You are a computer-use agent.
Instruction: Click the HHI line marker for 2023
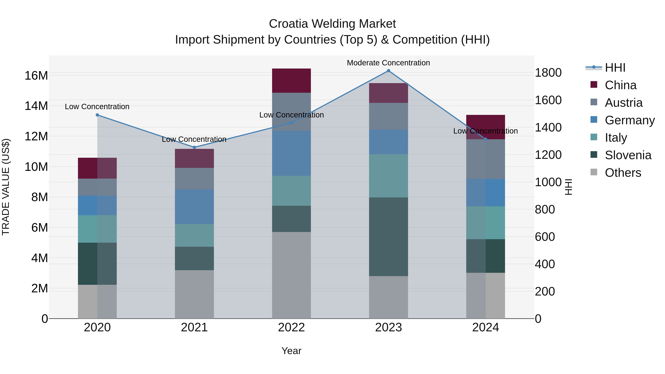pos(388,71)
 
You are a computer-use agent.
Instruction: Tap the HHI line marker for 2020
pos(97,115)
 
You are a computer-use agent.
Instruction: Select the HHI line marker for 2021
pos(194,147)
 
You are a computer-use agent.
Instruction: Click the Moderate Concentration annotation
pos(388,63)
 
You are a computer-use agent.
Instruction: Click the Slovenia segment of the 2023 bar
pos(388,237)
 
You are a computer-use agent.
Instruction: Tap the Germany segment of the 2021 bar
pos(194,207)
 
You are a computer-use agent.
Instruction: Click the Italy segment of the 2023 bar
pos(388,176)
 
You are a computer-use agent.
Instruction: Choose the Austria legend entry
pos(623,103)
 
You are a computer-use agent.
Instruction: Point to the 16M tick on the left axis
pos(36,76)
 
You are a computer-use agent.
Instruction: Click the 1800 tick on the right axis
pos(548,73)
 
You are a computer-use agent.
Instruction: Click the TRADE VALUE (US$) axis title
pos(6,187)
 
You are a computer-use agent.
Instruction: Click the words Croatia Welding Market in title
pos(332,24)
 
